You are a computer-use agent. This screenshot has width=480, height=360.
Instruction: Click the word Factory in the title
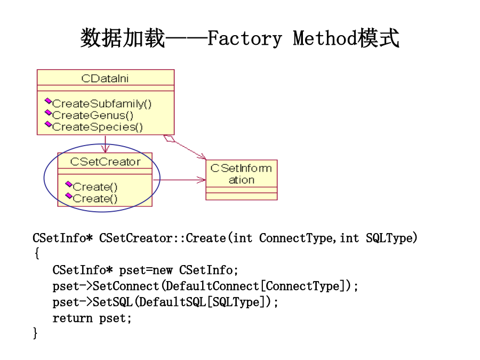point(244,39)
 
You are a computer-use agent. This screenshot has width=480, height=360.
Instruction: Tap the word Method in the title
point(325,38)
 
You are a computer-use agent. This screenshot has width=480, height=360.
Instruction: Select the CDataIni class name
point(105,78)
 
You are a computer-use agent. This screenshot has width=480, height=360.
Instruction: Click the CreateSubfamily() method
point(102,104)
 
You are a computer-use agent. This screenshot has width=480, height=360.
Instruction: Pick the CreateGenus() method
point(93,115)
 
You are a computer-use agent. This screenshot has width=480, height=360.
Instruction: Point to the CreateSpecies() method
point(98,127)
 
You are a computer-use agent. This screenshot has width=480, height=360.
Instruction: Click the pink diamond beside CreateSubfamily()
point(49,101)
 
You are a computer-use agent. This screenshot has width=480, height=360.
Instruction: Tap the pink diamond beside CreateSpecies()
point(49,124)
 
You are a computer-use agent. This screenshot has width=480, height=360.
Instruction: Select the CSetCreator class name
point(105,162)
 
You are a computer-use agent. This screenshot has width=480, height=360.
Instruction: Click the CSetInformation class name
point(241,174)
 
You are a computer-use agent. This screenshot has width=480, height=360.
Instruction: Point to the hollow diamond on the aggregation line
point(169,139)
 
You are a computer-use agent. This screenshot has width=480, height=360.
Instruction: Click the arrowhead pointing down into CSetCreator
point(105,149)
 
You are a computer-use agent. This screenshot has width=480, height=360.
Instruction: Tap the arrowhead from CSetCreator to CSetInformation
point(201,180)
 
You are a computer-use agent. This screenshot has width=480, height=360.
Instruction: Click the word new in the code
point(163,270)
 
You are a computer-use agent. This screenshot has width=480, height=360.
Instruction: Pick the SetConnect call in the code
point(125,286)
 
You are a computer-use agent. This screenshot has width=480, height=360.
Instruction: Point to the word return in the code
point(72,318)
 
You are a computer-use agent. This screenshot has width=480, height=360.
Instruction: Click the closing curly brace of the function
point(35,333)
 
